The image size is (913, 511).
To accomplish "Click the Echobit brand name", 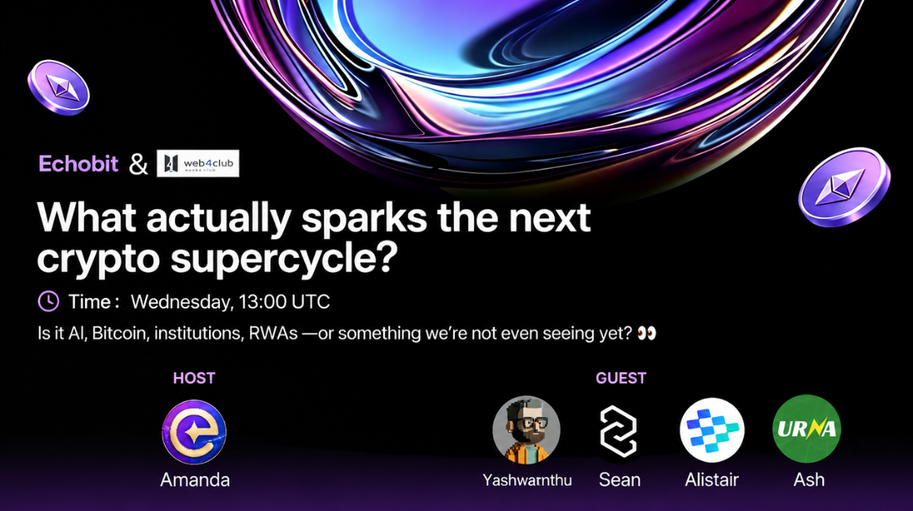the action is [x=78, y=164].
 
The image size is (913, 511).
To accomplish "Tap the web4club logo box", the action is [x=198, y=163].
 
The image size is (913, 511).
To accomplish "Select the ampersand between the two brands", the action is [x=138, y=164].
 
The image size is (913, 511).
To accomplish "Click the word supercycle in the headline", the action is [x=284, y=258].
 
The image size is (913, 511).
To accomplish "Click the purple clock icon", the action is [x=48, y=301].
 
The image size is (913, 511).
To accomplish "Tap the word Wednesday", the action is [x=181, y=302].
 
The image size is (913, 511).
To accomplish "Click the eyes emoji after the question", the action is [x=647, y=334].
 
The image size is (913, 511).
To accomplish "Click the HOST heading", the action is [x=194, y=379].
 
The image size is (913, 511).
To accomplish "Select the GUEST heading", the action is [x=620, y=379].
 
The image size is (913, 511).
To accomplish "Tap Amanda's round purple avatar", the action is [x=194, y=432].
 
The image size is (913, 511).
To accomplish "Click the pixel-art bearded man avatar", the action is [x=527, y=430].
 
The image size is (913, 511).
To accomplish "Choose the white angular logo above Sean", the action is [x=618, y=431].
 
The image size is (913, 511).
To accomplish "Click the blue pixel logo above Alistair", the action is [x=712, y=430].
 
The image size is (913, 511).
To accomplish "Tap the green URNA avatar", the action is [x=807, y=429].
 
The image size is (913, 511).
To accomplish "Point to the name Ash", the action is [x=809, y=479].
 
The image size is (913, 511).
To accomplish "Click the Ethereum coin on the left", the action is [x=59, y=88].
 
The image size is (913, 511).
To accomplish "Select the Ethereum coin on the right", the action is [x=844, y=187].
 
